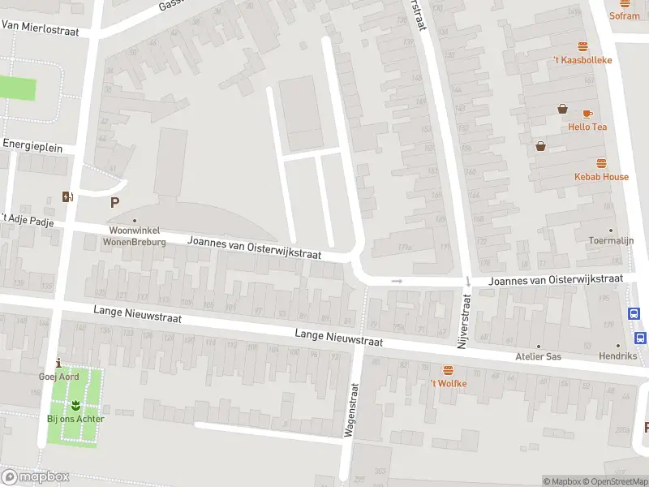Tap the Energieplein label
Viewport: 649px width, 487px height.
pyautogui.click(x=32, y=143)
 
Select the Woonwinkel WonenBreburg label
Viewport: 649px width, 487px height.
pyautogui.click(x=134, y=236)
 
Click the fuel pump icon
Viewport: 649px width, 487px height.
pyautogui.click(x=67, y=196)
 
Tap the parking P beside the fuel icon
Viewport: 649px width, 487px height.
pyautogui.click(x=114, y=203)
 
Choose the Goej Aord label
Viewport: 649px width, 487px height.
pyautogui.click(x=58, y=376)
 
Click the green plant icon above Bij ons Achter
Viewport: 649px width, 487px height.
pyautogui.click(x=75, y=404)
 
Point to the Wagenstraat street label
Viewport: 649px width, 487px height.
pyautogui.click(x=350, y=410)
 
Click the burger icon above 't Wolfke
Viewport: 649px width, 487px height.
pyautogui.click(x=448, y=370)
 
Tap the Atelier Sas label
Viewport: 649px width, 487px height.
pyautogui.click(x=538, y=356)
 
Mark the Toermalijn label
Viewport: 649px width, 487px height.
pyautogui.click(x=611, y=240)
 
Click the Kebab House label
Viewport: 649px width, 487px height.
pyautogui.click(x=601, y=176)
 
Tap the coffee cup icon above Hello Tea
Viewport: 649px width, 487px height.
pyautogui.click(x=587, y=114)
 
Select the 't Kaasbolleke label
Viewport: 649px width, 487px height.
pyautogui.click(x=582, y=60)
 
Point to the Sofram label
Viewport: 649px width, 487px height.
pyautogui.click(x=625, y=15)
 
